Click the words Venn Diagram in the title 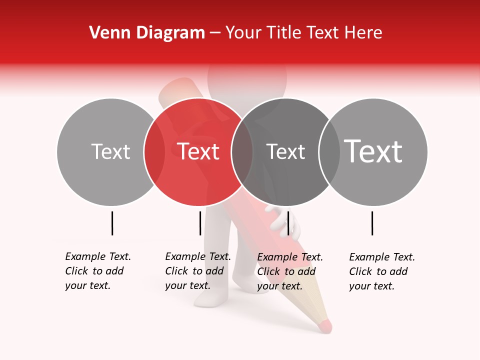pyautogui.click(x=146, y=33)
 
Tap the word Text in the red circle pyautogui.click(x=198, y=151)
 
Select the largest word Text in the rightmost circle pyautogui.click(x=373, y=151)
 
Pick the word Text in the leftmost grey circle pyautogui.click(x=110, y=151)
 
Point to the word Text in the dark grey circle pyautogui.click(x=285, y=151)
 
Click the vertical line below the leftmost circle pyautogui.click(x=112, y=223)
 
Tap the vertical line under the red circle pyautogui.click(x=200, y=223)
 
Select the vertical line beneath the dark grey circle pyautogui.click(x=288, y=223)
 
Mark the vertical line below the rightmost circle pyautogui.click(x=372, y=223)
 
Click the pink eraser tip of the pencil pyautogui.click(x=325, y=326)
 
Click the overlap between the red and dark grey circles pyautogui.click(x=242, y=151)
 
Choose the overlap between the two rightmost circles pyautogui.click(x=329, y=151)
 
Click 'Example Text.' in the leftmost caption pyautogui.click(x=98, y=256)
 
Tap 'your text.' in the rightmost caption pyautogui.click(x=371, y=286)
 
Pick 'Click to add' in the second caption pyautogui.click(x=194, y=271)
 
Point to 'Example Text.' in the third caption pyautogui.click(x=290, y=257)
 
